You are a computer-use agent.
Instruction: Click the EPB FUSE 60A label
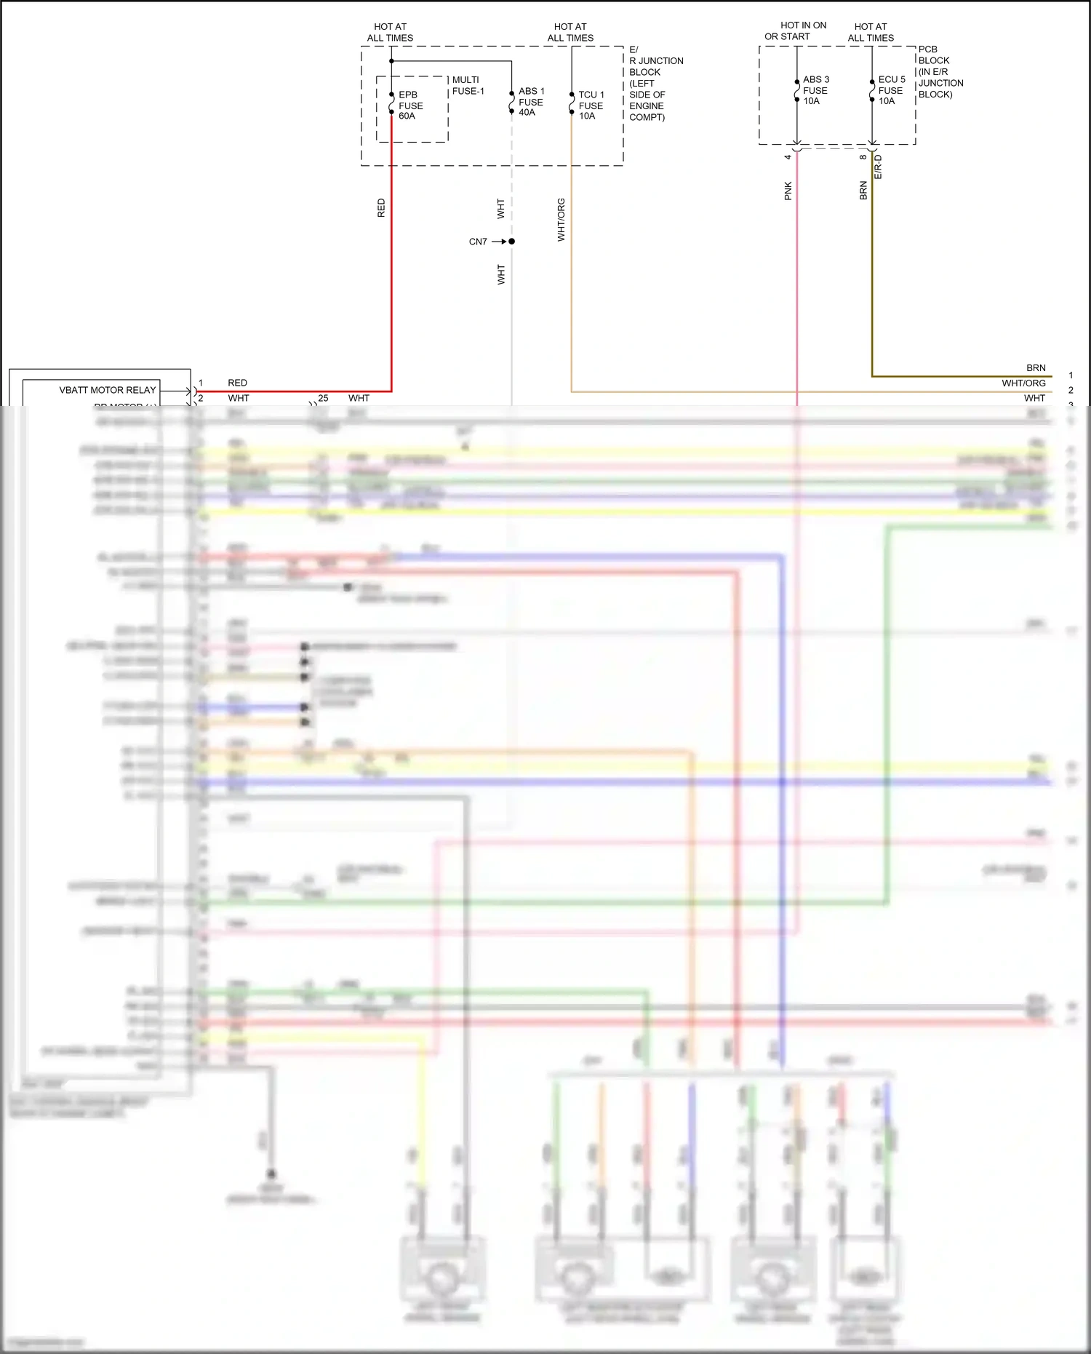[x=410, y=105]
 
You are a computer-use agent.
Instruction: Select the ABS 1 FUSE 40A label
[x=531, y=102]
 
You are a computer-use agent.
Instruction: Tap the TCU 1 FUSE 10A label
[x=591, y=105]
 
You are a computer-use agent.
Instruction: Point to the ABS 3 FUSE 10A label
[x=815, y=90]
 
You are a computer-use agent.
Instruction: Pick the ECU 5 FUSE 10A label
[x=891, y=90]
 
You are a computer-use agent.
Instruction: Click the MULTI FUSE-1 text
[x=468, y=85]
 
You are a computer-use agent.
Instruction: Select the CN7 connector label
[x=478, y=242]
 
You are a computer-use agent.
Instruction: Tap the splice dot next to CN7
[x=512, y=241]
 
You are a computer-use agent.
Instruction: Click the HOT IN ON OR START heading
[x=796, y=31]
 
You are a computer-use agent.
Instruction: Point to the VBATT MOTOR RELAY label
[x=108, y=390]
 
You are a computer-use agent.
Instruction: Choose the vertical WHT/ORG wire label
[x=561, y=220]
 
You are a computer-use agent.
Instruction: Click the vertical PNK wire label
[x=788, y=191]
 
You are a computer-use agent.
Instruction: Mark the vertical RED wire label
[x=381, y=208]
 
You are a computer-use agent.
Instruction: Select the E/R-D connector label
[x=878, y=167]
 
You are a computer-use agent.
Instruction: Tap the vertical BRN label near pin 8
[x=863, y=191]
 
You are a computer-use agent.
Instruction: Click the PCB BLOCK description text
[x=940, y=72]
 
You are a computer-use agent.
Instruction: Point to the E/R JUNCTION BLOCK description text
[x=655, y=84]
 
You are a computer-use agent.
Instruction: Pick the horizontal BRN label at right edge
[x=1036, y=368]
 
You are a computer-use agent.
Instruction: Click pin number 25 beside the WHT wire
[x=323, y=398]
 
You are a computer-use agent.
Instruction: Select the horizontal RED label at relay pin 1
[x=237, y=383]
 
